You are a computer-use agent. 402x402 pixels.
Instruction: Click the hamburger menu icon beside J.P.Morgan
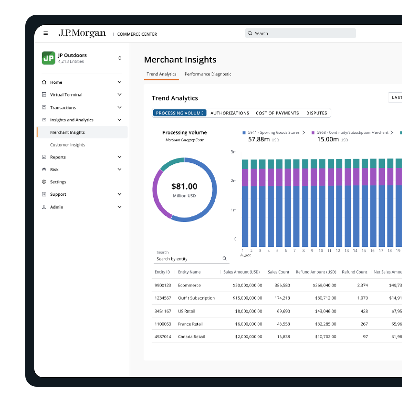point(46,33)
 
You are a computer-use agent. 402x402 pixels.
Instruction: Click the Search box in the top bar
point(300,33)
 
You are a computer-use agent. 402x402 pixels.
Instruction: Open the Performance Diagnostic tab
point(208,74)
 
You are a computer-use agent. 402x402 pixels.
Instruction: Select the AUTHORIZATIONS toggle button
point(230,113)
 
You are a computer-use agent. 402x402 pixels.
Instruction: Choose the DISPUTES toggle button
point(317,113)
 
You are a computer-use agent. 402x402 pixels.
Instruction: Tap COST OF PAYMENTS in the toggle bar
point(277,113)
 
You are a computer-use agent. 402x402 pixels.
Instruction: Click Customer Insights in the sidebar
point(68,145)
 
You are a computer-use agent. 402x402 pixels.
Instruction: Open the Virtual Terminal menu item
point(66,95)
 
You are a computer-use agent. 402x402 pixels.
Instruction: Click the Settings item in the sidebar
point(58,182)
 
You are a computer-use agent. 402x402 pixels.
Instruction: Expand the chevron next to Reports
point(119,157)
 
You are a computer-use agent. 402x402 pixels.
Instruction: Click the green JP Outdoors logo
point(48,58)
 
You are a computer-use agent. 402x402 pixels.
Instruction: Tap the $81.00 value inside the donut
point(184,186)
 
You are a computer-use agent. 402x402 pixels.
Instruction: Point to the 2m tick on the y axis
point(233,181)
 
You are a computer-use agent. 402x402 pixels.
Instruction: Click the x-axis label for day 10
point(321,250)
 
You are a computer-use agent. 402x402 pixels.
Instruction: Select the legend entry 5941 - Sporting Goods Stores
point(273,132)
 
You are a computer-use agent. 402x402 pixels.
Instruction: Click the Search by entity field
point(191,259)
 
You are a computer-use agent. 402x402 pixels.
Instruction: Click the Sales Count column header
point(278,272)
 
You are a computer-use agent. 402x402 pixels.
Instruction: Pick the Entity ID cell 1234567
point(163,298)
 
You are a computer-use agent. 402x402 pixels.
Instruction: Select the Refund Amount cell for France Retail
point(325,324)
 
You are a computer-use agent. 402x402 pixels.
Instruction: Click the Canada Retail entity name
point(191,336)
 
